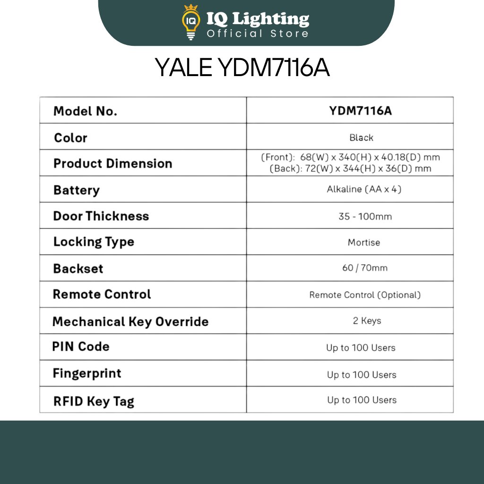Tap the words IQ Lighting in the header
point(258,19)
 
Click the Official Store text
point(258,34)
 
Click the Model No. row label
point(85,111)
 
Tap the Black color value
point(361,138)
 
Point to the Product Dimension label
point(112,164)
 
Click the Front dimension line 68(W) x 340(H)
point(350,157)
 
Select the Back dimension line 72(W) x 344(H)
point(350,169)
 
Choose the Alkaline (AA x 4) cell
point(364,190)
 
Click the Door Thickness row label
point(101,216)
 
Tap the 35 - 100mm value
point(365,216)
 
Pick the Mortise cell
point(363,242)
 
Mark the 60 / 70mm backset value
point(364,268)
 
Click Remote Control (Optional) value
point(365,295)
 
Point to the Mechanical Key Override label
point(130,322)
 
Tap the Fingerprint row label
point(87,373)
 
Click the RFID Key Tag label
point(94,401)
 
